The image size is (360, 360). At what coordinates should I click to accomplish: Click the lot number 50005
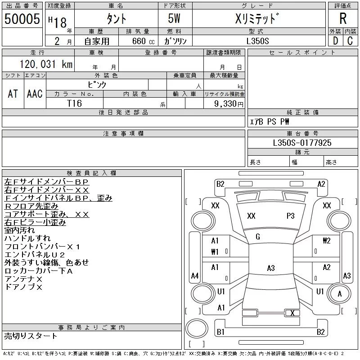point(22,19)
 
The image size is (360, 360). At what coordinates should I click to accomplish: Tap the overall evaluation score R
point(343,18)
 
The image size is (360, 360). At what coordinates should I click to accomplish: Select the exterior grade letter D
point(335,41)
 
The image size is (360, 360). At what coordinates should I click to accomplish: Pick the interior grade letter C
point(350,41)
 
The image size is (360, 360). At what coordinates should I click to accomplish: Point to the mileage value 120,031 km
point(46,64)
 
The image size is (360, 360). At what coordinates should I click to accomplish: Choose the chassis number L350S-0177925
point(302,143)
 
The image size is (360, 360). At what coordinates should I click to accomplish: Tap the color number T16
point(74,103)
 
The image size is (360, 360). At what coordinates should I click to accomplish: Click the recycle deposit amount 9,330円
point(229,103)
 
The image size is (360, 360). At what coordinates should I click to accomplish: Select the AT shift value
point(13,94)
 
